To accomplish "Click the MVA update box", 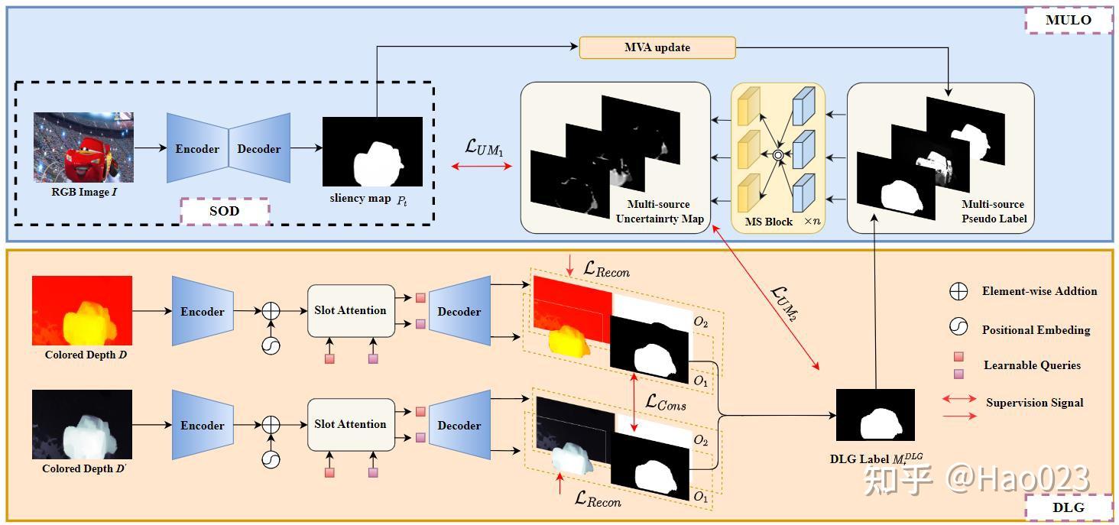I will [657, 47].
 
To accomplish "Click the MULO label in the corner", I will [1068, 20].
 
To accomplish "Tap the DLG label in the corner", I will [1068, 507].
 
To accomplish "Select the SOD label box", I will [225, 211].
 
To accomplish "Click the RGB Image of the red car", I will [83, 147].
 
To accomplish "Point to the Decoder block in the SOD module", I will [260, 149].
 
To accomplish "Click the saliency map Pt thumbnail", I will [372, 151].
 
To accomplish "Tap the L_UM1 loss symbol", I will [484, 147].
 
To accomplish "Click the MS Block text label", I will [768, 221].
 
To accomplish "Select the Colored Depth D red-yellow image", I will [82, 310].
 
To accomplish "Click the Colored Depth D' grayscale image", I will [82, 424].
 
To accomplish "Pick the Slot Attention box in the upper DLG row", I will [351, 310].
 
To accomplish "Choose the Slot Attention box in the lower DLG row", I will [351, 424].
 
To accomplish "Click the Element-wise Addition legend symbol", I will [958, 292].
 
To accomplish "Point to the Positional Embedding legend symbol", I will [958, 328].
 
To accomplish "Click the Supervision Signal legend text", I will [1034, 403].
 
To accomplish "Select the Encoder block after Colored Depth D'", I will [203, 426].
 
